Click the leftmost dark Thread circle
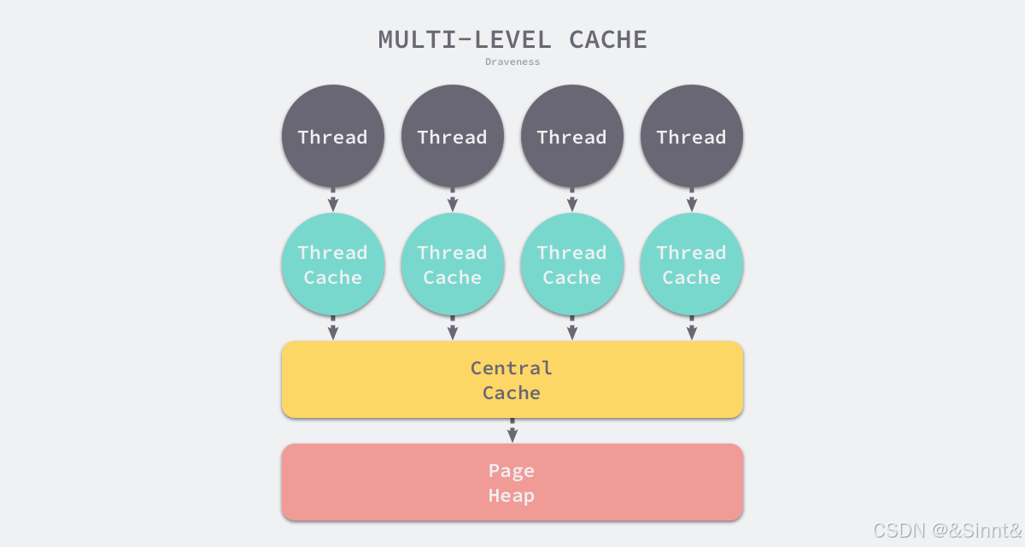[333, 137]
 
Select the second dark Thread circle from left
[453, 137]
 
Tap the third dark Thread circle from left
[572, 137]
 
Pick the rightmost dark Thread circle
[692, 137]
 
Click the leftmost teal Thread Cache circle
[333, 265]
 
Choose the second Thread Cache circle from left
[453, 265]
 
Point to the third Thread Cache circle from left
[572, 265]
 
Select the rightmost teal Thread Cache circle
[692, 265]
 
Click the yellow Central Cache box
[512, 379]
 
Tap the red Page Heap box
[512, 482]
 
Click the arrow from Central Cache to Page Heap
[512, 431]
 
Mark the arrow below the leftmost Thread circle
[333, 200]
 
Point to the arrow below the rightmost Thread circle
[692, 200]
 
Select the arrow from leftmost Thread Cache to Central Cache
[333, 329]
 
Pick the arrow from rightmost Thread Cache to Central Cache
[692, 329]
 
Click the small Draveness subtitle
[512, 62]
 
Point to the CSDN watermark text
[946, 531]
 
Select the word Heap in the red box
[512, 496]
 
